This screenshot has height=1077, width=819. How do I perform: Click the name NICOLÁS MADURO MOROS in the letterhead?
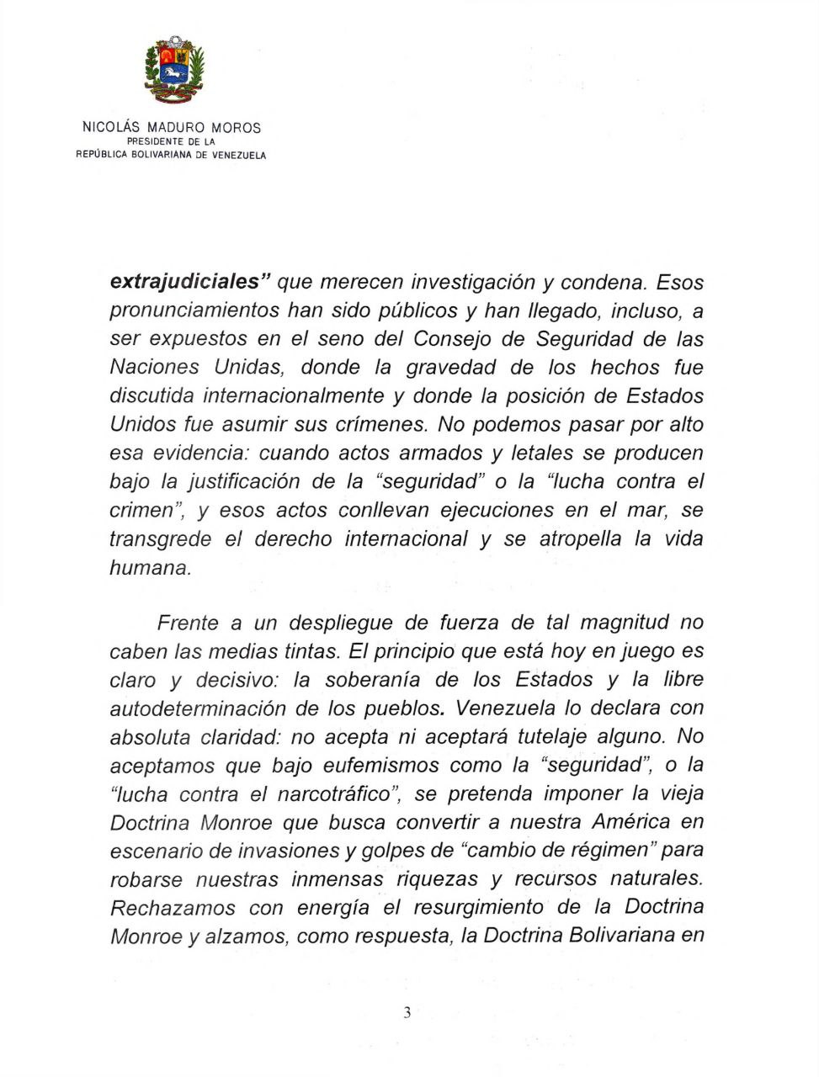pyautogui.click(x=172, y=128)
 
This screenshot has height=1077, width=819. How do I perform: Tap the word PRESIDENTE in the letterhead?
pyautogui.click(x=156, y=142)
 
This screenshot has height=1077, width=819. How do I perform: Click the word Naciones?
pyautogui.click(x=155, y=367)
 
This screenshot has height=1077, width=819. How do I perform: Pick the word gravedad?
pyautogui.click(x=458, y=367)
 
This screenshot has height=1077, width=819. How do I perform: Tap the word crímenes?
pyautogui.click(x=384, y=424)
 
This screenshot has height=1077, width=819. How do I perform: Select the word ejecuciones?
pyautogui.click(x=497, y=510)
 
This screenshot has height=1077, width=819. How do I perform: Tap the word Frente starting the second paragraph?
pyautogui.click(x=188, y=623)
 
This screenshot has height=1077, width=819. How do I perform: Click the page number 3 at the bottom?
pyautogui.click(x=407, y=1013)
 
